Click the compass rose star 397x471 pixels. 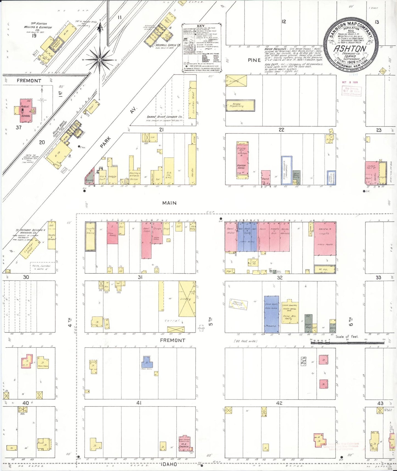100,59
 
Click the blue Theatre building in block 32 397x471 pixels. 271,314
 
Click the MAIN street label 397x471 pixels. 169,203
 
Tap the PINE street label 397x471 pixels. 254,60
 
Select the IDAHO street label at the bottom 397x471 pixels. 168,464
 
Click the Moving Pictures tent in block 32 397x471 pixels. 238,304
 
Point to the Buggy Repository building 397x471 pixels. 240,106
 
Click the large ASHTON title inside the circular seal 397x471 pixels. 350,49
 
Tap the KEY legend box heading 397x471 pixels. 201,26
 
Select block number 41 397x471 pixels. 139,403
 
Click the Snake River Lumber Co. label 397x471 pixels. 164,117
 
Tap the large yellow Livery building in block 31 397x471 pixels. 187,299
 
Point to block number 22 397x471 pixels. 281,129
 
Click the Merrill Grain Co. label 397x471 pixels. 168,45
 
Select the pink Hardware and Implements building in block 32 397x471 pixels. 325,238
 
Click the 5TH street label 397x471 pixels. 211,322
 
